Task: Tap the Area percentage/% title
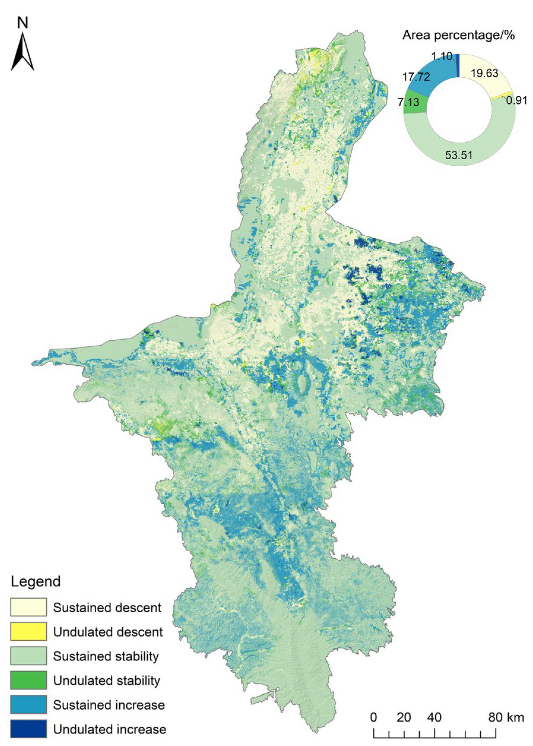coord(458,35)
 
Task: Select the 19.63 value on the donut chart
coord(484,73)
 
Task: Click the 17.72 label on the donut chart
coord(416,77)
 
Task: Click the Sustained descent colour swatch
coord(28,607)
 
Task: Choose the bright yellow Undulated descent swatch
coord(28,632)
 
